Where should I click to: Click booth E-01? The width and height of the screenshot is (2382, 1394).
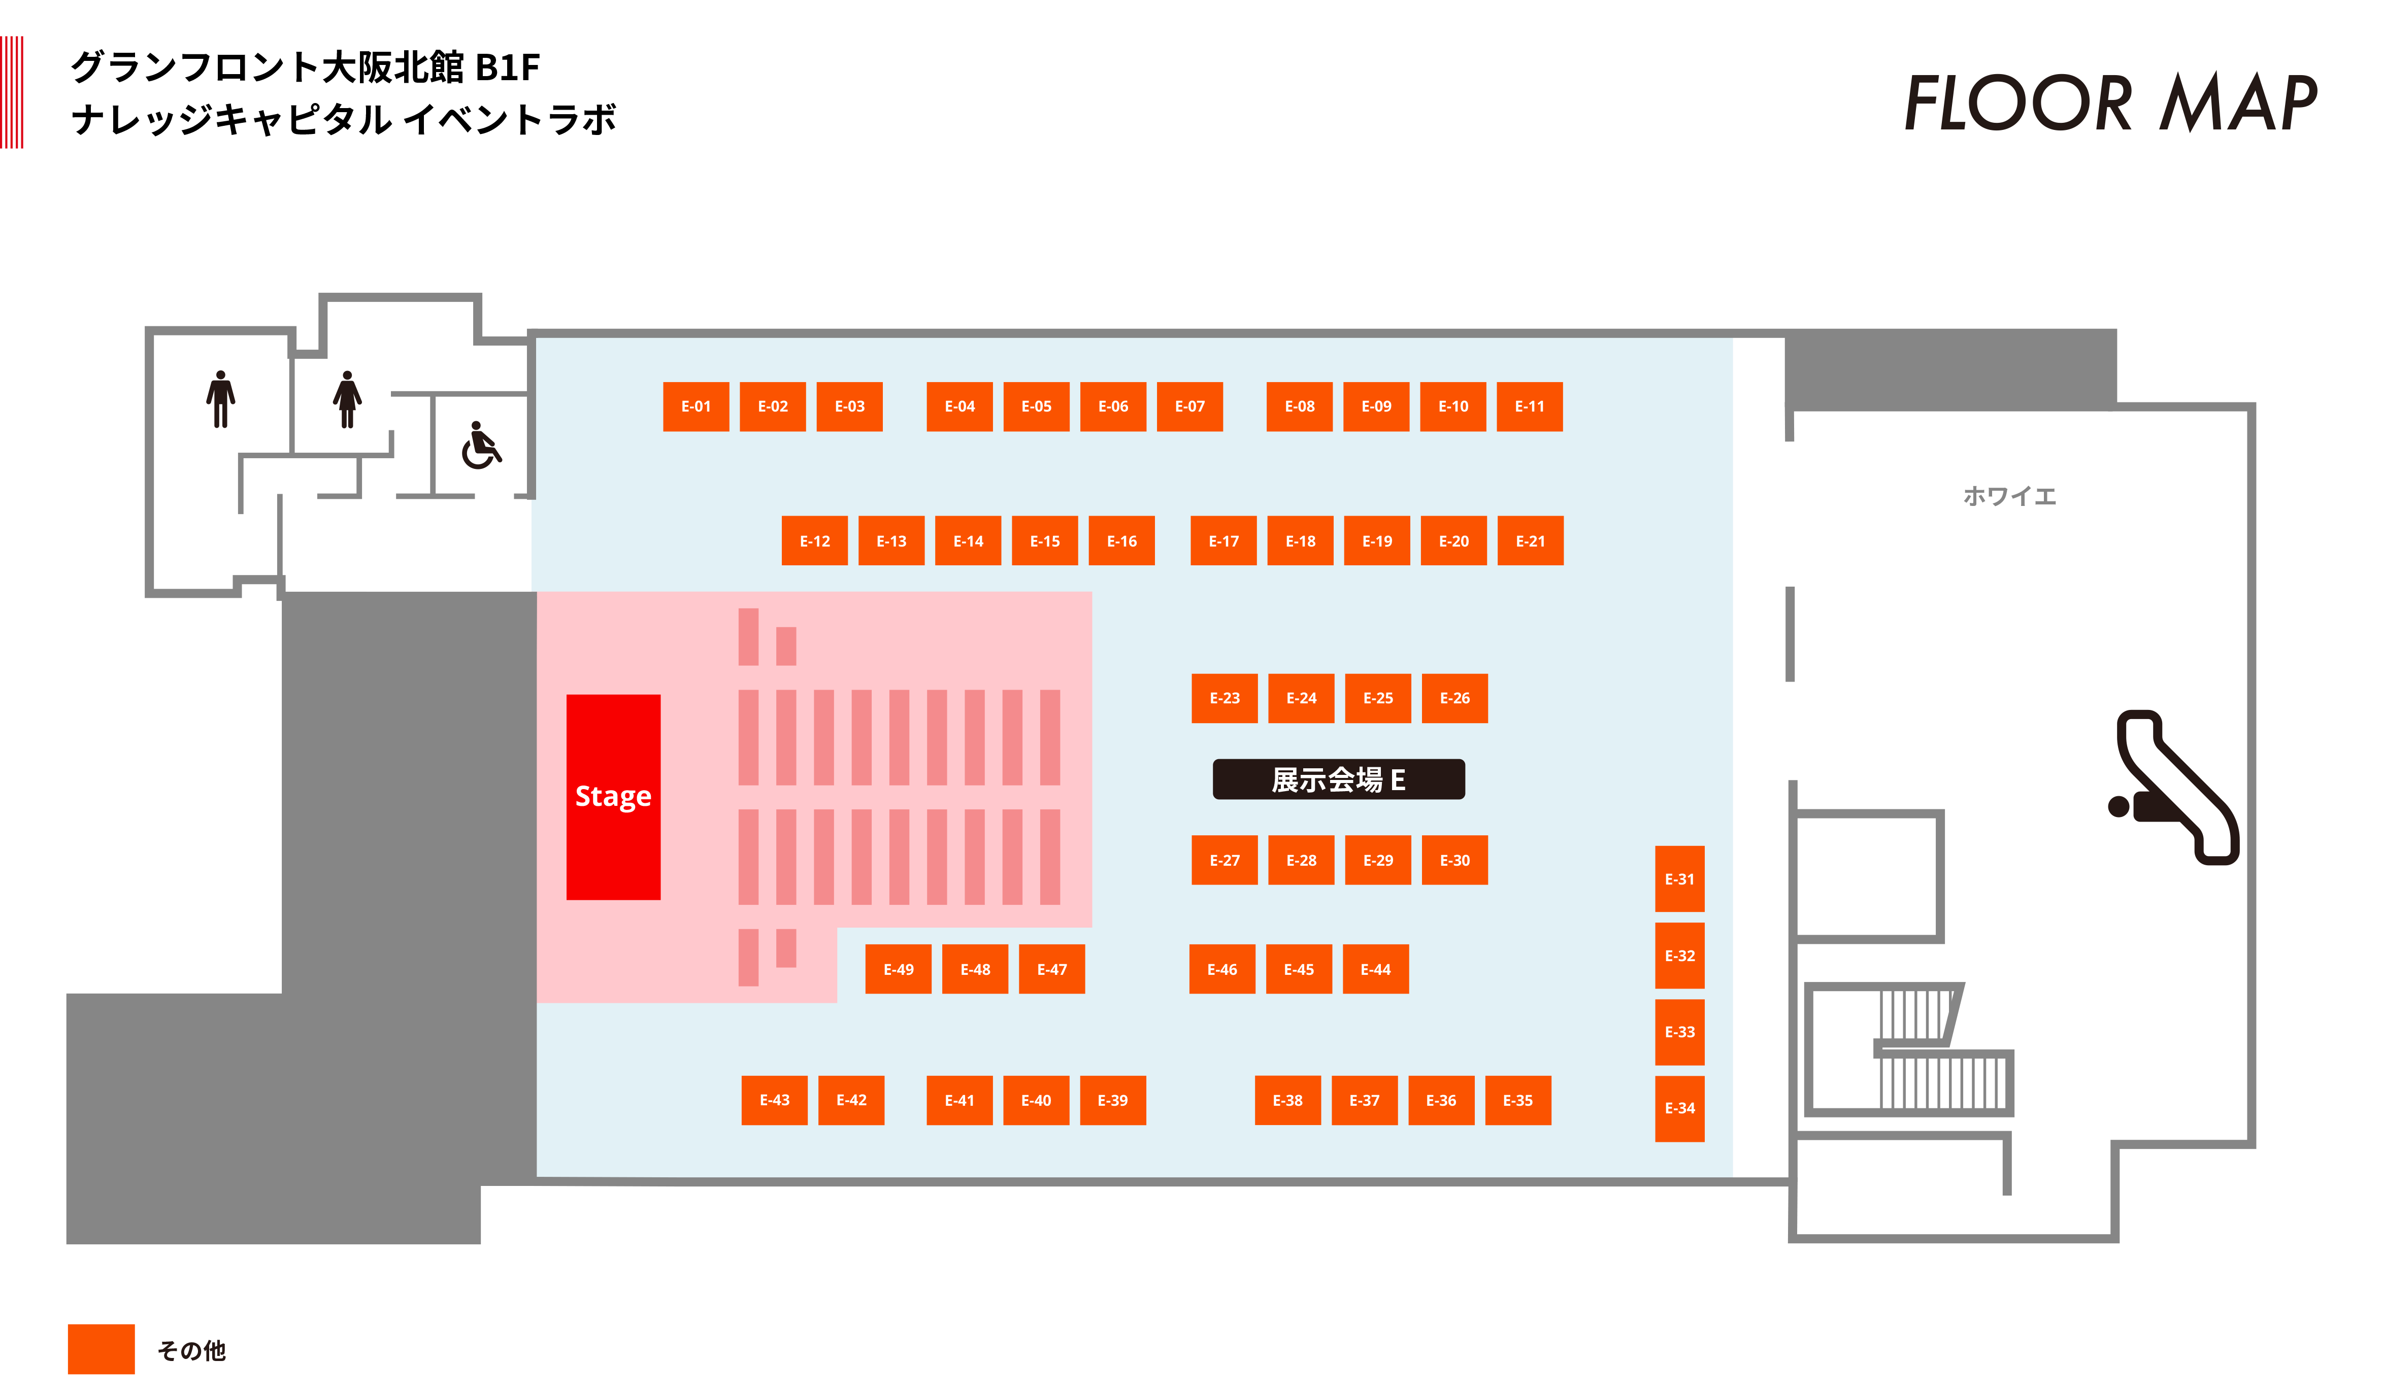point(696,406)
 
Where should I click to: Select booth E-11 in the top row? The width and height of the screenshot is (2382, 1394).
point(1530,406)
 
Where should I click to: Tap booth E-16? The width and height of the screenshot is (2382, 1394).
point(1122,540)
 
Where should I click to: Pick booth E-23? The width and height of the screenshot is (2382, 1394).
point(1224,698)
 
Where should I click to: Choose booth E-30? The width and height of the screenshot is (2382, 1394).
point(1454,860)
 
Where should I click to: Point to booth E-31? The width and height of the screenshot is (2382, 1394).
point(1680,879)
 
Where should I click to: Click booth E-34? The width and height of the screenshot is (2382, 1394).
point(1680,1109)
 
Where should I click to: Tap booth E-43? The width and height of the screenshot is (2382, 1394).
point(774,1100)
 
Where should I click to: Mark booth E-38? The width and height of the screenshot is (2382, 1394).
point(1287,1100)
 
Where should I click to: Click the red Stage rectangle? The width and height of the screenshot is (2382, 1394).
point(613,797)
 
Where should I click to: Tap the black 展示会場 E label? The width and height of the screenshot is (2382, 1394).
point(1338,779)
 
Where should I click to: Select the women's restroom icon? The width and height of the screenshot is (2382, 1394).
point(347,399)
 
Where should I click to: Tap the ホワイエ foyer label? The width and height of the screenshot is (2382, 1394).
point(2009,496)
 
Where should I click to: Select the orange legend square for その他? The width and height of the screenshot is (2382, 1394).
point(101,1349)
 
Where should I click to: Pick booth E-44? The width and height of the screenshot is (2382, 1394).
point(1375,969)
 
